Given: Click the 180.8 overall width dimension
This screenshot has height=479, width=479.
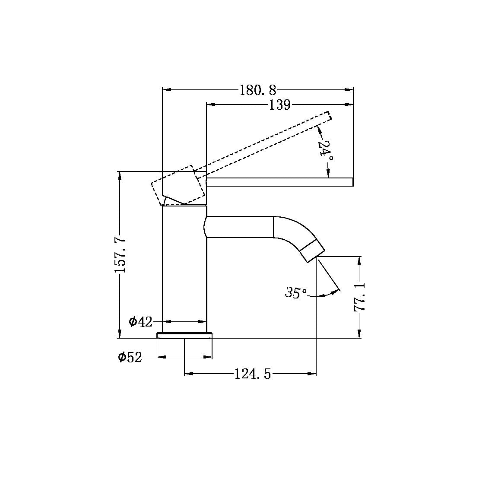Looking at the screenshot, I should (257, 90).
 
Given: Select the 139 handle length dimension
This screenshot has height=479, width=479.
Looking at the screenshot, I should (279, 105).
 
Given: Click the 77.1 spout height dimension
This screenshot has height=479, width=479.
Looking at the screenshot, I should (359, 297).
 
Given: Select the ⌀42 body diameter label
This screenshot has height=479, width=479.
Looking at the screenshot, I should (141, 321).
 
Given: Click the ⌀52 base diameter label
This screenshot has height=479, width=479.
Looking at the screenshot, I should (130, 357).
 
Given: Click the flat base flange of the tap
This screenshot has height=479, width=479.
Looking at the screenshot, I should (185, 336).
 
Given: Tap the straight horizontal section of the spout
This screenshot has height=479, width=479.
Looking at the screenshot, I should (240, 227).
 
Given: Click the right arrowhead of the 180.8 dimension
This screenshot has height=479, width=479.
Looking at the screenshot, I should (349, 90).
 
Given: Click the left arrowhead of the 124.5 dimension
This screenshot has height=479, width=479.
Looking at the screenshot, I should (189, 374).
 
